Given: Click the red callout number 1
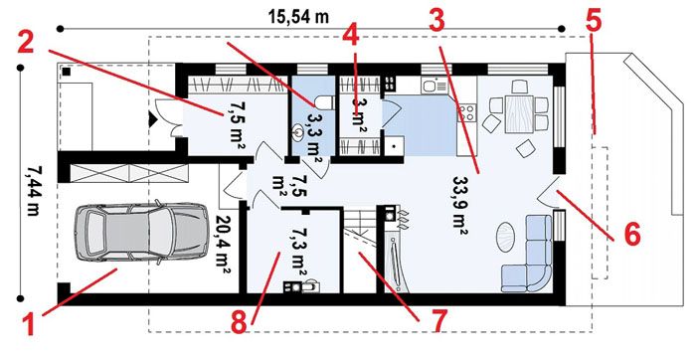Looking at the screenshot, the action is [29, 323].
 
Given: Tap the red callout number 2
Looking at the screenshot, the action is [25, 43].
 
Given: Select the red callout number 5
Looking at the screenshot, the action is [593, 21].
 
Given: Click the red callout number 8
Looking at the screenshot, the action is [239, 323].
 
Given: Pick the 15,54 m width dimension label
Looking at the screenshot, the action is [298, 17].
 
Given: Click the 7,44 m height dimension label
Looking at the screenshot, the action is [33, 191].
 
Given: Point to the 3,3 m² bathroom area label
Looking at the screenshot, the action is [314, 137].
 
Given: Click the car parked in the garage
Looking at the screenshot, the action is [141, 233].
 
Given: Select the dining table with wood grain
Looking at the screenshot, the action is [519, 114].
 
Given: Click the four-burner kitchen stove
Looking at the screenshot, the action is [467, 112].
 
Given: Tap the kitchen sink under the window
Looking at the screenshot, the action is [435, 85].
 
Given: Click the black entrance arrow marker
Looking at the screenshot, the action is [152, 119].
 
